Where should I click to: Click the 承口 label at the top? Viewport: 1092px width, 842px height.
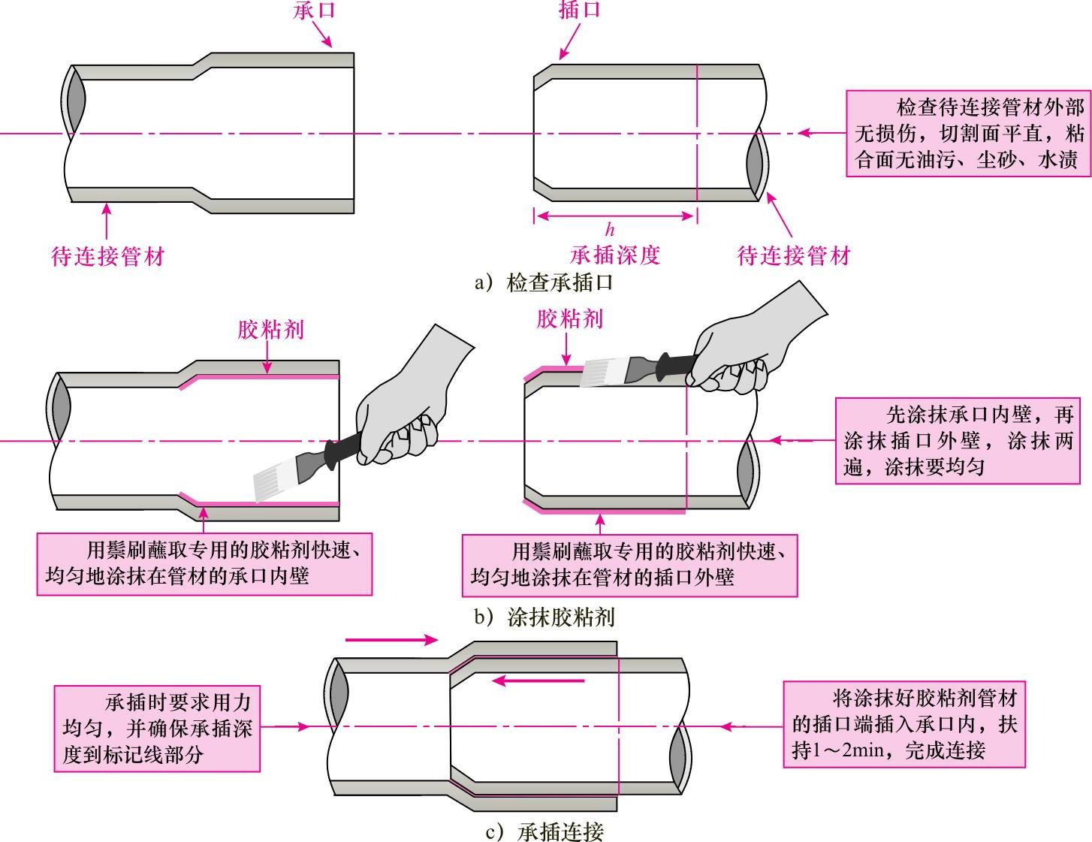(315, 10)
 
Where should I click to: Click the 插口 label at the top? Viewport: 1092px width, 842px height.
(581, 10)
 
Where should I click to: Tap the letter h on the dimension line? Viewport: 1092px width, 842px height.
(610, 230)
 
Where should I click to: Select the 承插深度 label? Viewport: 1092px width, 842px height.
(615, 255)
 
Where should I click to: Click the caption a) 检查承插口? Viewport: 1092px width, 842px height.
(545, 282)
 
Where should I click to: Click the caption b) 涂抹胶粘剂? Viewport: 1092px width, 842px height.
(545, 617)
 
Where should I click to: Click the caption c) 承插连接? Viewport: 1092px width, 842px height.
(545, 831)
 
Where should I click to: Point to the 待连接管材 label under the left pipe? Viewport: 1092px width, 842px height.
(107, 256)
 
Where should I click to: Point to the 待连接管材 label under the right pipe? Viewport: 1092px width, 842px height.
(794, 256)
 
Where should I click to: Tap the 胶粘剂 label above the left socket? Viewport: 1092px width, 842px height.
(270, 330)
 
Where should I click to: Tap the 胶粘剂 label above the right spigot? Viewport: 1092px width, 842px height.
(569, 319)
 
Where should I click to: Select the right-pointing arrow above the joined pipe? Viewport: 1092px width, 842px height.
(391, 640)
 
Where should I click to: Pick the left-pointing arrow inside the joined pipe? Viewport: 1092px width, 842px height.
(538, 681)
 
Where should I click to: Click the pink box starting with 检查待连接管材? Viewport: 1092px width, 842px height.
(969, 134)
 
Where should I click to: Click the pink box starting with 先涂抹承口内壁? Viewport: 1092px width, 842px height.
(958, 441)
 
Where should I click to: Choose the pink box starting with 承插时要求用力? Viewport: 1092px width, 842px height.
(157, 728)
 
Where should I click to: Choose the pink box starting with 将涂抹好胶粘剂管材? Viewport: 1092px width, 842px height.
(903, 724)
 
